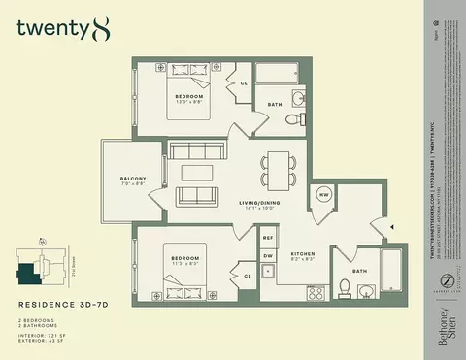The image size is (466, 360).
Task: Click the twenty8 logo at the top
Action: coord(57,29)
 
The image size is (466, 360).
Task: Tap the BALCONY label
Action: coord(134,179)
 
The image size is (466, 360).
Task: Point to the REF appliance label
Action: coord(269,237)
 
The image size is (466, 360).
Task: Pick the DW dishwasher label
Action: coord(269,256)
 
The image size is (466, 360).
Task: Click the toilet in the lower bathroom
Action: coord(345,287)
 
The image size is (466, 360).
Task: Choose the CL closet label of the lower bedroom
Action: coord(247,276)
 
